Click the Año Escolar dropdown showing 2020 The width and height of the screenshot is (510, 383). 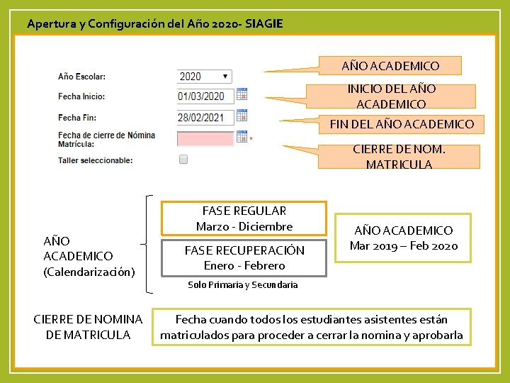204,76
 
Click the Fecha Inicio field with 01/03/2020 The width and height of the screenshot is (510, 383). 205,96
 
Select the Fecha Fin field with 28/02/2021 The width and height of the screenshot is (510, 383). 205,117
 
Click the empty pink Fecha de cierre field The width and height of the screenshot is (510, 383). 205,138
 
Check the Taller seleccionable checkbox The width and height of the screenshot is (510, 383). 183,160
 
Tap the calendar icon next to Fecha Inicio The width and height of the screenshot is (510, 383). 242,94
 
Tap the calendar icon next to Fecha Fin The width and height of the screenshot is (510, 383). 242,116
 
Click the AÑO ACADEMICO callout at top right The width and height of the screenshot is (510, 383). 390,66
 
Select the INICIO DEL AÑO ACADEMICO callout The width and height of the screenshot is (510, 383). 391,96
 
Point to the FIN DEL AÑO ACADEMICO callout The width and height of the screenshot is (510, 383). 402,124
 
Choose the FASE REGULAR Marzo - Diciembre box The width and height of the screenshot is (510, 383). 244,218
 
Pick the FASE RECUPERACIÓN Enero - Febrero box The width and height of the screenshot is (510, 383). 244,257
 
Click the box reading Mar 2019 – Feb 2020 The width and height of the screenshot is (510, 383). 403,238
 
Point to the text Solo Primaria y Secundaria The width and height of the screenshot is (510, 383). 242,285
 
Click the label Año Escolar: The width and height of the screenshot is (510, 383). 81,77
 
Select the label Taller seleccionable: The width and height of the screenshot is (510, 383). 95,160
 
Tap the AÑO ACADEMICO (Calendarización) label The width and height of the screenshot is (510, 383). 89,256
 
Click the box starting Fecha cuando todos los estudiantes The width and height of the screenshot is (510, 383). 312,327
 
